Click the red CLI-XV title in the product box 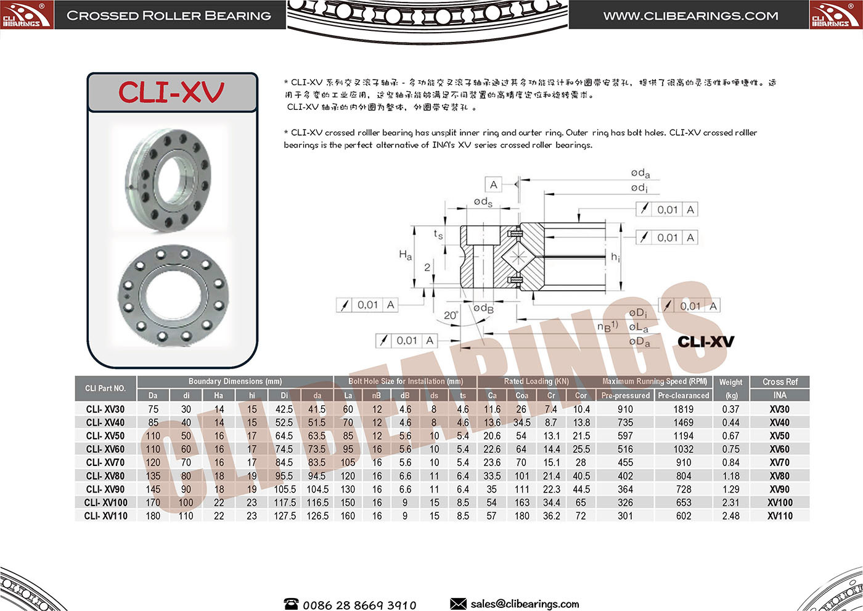(171, 93)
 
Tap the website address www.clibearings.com (690, 16)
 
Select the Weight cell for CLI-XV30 (730, 409)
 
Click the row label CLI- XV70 (105, 462)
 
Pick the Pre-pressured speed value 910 (625, 409)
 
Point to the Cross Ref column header (780, 382)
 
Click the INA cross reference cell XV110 (780, 516)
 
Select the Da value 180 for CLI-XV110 (153, 516)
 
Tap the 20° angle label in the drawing (451, 315)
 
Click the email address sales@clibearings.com (525, 604)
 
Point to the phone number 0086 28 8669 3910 (359, 605)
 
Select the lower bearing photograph (173, 294)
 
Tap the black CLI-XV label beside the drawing (706, 342)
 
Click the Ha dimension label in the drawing (405, 254)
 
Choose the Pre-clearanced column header (683, 396)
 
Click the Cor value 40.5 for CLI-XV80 (581, 476)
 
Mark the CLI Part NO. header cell (105, 388)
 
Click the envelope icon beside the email (458, 604)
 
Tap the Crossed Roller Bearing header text (169, 16)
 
